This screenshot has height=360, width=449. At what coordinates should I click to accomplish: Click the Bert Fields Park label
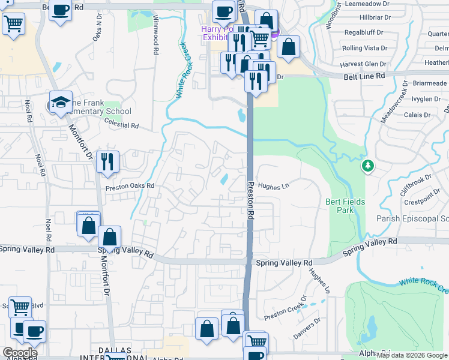pyautogui.click(x=346, y=206)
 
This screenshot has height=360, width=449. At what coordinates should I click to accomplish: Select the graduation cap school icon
pyautogui.click(x=61, y=102)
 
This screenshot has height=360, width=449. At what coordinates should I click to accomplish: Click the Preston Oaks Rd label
pyautogui.click(x=130, y=187)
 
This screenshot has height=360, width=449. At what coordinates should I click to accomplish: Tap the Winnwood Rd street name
pyautogui.click(x=155, y=35)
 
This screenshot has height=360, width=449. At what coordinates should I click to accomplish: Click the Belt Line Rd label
pyautogui.click(x=364, y=76)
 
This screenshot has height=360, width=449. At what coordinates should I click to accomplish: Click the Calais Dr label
pyautogui.click(x=418, y=114)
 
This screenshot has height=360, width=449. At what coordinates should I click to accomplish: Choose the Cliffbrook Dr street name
pyautogui.click(x=415, y=185)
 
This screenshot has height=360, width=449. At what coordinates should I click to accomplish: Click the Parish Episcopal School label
pyautogui.click(x=412, y=218)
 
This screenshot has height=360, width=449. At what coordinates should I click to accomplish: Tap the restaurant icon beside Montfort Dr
pyautogui.click(x=108, y=161)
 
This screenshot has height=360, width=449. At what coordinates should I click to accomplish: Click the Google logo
pyautogui.click(x=20, y=353)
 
